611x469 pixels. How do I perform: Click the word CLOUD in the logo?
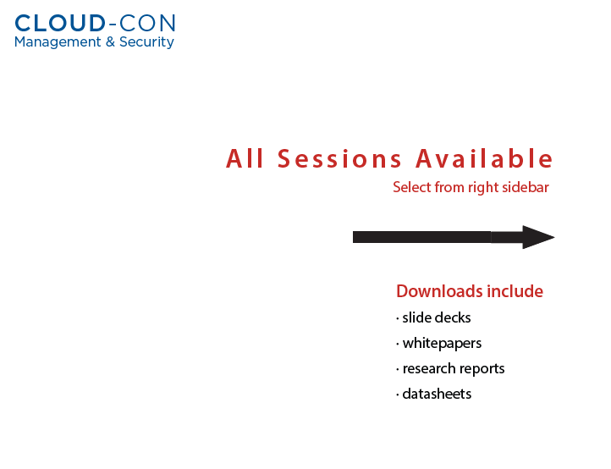[x=60, y=24]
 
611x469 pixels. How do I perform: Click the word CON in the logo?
[x=147, y=24]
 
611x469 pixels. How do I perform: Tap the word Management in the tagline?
[x=58, y=42]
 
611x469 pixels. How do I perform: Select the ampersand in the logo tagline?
[x=110, y=41]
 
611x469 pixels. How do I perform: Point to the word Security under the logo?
[x=146, y=42]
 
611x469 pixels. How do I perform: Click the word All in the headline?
[x=245, y=158]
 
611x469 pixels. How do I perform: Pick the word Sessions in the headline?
[x=339, y=159]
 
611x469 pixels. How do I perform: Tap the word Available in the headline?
[x=484, y=158]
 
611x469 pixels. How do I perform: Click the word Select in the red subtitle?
[x=411, y=188]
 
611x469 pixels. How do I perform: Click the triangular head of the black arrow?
[x=538, y=237]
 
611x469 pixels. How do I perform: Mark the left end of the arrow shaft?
[x=354, y=237]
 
